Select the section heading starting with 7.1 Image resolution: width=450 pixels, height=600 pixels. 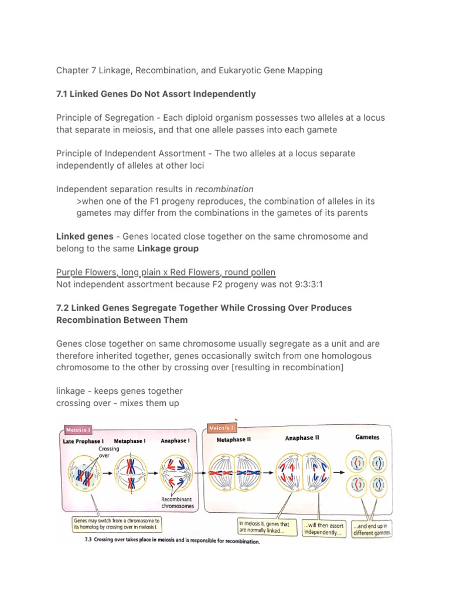pyautogui.click(x=156, y=94)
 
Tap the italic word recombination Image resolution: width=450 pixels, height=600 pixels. pyautogui.click(x=224, y=189)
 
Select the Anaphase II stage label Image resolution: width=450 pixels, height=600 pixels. pyautogui.click(x=302, y=438)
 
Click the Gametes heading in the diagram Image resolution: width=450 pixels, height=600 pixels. pyautogui.click(x=367, y=437)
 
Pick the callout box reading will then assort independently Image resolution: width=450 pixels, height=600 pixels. pyautogui.click(x=323, y=529)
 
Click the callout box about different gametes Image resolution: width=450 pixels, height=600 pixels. pyautogui.click(x=371, y=530)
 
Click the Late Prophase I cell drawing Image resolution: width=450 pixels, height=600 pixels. pyautogui.click(x=86, y=473)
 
